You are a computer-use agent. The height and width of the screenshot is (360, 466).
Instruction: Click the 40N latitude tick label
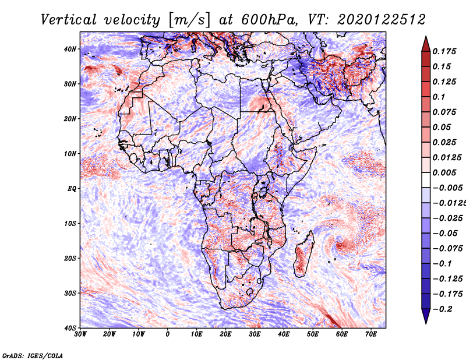(x=70, y=49)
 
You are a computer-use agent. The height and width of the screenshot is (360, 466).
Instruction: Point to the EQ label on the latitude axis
(x=72, y=189)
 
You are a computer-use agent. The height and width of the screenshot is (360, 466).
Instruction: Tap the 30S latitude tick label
(x=70, y=294)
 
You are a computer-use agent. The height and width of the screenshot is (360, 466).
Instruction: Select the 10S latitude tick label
(x=70, y=224)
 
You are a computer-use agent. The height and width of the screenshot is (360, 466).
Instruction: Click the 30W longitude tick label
(x=80, y=334)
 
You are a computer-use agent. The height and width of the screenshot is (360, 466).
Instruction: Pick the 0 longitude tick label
(x=168, y=334)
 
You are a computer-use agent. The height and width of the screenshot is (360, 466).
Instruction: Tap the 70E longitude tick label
(x=371, y=334)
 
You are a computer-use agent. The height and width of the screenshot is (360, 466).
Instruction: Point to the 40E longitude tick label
(x=284, y=334)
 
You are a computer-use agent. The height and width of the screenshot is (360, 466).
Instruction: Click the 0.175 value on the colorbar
(x=444, y=51)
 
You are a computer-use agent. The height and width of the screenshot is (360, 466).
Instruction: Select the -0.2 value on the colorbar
(x=442, y=309)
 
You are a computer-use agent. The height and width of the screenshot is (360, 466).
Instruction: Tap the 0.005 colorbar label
(x=444, y=172)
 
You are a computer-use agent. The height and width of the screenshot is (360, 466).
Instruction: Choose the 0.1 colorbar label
(x=439, y=97)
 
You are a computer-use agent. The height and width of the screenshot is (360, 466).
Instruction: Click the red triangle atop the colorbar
(x=426, y=44)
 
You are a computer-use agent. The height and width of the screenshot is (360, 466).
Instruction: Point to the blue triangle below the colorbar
(x=426, y=316)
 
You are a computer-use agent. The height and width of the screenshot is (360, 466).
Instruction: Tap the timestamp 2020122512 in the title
(x=382, y=20)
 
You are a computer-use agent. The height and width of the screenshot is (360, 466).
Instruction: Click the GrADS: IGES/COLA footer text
(x=33, y=356)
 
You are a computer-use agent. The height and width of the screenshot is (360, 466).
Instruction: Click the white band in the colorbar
(x=426, y=180)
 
